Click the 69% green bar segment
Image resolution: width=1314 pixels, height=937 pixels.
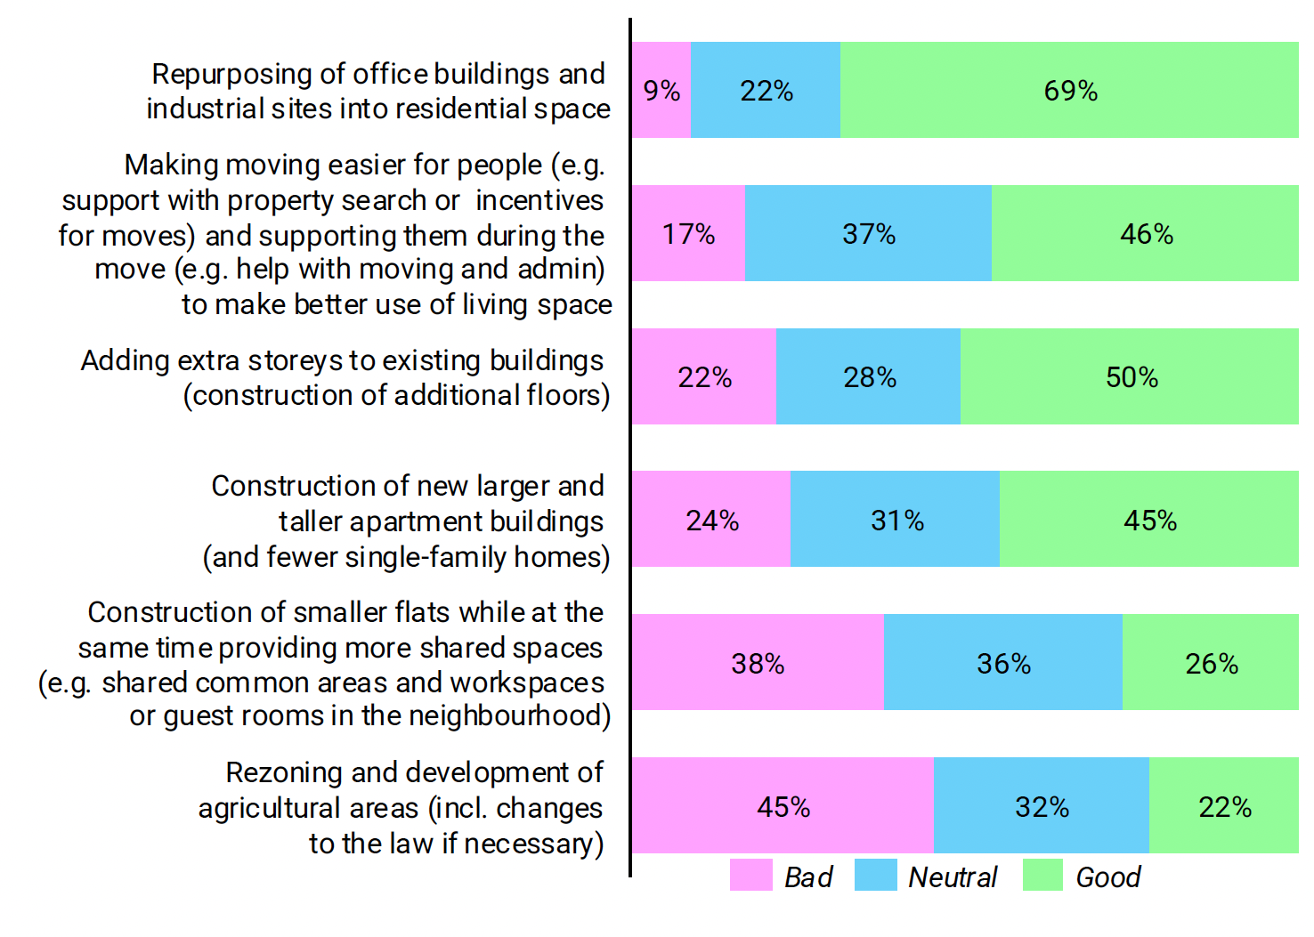click(x=1068, y=90)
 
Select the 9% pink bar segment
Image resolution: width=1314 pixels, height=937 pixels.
click(x=661, y=90)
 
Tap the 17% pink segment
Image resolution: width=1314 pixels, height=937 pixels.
click(x=688, y=233)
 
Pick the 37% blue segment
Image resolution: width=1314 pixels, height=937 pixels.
click(x=868, y=233)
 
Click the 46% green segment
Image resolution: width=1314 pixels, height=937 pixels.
click(x=1146, y=233)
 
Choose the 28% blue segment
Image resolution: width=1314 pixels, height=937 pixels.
click(x=869, y=376)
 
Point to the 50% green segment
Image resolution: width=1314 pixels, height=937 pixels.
click(x=1131, y=376)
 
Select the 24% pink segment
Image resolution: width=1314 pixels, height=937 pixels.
click(x=711, y=520)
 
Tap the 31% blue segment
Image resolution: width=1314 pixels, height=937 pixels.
click(x=896, y=520)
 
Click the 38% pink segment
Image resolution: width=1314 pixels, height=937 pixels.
click(x=758, y=663)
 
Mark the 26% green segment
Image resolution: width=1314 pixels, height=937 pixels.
click(x=1211, y=663)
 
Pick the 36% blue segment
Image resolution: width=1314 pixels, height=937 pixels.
click(x=1003, y=663)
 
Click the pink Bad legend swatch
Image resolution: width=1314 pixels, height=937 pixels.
click(x=750, y=876)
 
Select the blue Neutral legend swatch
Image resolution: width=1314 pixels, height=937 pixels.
click(x=875, y=876)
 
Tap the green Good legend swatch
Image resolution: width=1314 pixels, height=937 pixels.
click(x=1042, y=876)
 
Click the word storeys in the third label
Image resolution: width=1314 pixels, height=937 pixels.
click(x=295, y=361)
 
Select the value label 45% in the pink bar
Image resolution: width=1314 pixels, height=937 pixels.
click(x=783, y=807)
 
